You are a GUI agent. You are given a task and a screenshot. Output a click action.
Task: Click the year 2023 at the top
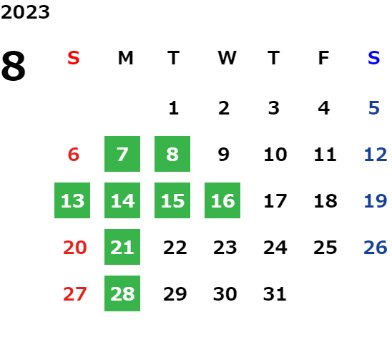[25, 12]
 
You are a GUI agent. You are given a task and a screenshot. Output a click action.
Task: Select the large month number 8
[14, 66]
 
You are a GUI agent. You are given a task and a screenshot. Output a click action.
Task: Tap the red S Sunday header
[74, 58]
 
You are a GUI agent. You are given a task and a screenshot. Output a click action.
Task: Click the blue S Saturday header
[374, 58]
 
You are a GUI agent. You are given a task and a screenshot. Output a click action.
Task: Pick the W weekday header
[227, 58]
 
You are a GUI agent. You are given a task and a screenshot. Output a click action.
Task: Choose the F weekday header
[324, 58]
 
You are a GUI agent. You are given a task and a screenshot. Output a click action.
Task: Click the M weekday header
[125, 58]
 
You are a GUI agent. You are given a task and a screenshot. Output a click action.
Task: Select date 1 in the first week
[174, 108]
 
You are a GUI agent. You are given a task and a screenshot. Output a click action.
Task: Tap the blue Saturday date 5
[374, 108]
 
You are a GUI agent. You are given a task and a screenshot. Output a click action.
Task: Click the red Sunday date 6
[74, 154]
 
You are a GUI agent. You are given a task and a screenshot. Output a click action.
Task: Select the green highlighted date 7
[122, 154]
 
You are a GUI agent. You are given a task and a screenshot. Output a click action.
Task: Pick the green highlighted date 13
[72, 200]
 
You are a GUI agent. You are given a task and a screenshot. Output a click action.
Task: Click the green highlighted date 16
[222, 200]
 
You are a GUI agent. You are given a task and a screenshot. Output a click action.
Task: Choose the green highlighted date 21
[122, 247]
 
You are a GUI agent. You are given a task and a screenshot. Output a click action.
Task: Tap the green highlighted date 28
[122, 293]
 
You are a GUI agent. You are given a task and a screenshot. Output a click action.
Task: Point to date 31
[275, 293]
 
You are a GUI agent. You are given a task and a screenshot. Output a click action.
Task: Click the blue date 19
[376, 200]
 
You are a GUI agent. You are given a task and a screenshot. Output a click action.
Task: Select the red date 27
[74, 293]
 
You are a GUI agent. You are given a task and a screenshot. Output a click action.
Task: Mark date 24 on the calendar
[275, 247]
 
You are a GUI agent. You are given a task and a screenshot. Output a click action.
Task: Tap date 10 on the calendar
[275, 154]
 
